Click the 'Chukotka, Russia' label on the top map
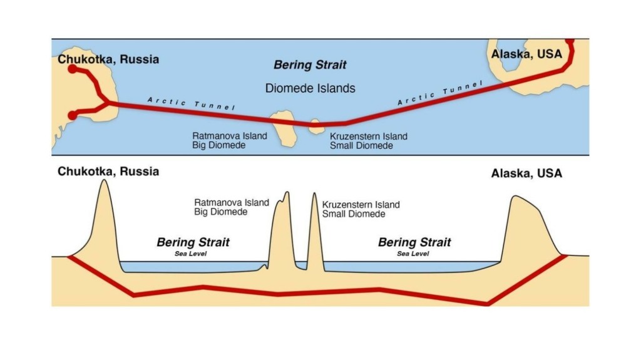click(108, 59)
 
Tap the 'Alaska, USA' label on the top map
click(526, 54)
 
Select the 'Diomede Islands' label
click(310, 88)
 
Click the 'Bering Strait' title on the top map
click(310, 65)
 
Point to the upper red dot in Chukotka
click(73, 68)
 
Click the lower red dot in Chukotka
click(73, 115)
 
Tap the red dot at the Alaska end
click(570, 41)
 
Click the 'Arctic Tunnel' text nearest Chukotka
click(191, 103)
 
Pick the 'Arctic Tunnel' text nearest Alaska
click(441, 92)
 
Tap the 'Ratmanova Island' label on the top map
click(230, 136)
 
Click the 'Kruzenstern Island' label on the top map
click(369, 136)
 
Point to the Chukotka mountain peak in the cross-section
click(103, 183)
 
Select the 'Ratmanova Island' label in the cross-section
click(232, 203)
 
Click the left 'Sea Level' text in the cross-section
click(190, 254)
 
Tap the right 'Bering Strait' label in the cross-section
click(414, 242)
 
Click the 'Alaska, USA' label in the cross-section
click(526, 173)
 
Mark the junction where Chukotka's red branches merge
click(108, 102)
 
